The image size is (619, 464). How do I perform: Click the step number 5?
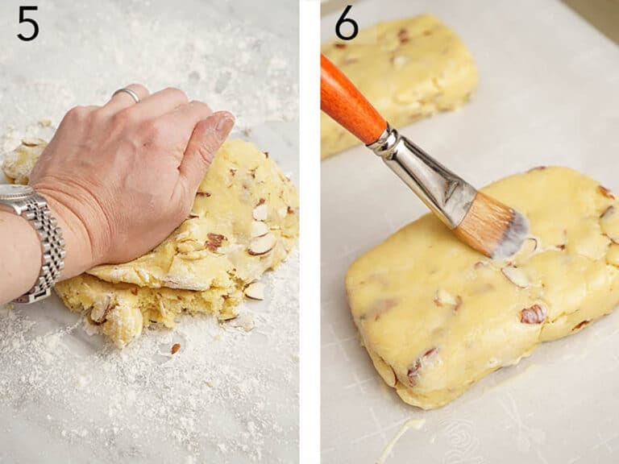pyautogui.click(x=27, y=23)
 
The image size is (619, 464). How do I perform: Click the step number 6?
pyautogui.click(x=346, y=23)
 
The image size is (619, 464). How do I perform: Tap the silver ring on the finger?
pyautogui.click(x=127, y=94)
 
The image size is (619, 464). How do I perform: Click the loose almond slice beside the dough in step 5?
pyautogui.click(x=255, y=290)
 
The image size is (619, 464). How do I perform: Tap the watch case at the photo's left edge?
pyautogui.click(x=11, y=194)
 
